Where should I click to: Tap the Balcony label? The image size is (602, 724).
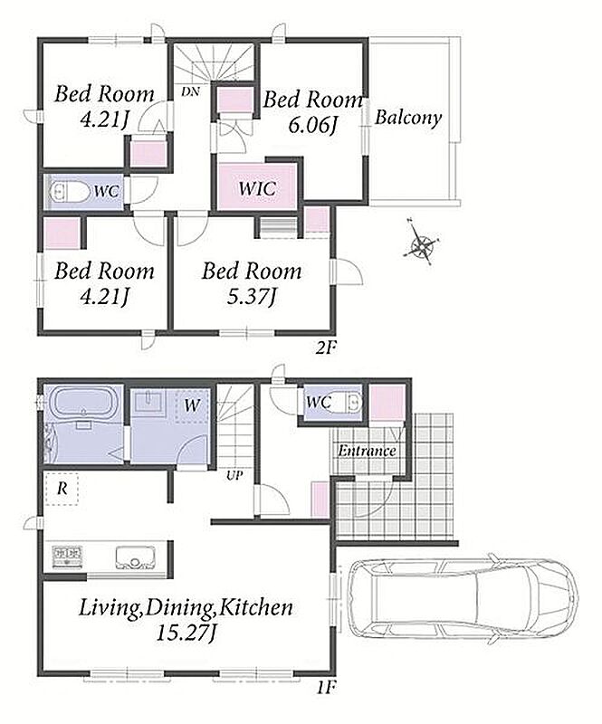(x=407, y=118)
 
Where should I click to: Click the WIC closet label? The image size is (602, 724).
(x=258, y=188)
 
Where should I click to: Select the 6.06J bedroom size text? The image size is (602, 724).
(x=312, y=125)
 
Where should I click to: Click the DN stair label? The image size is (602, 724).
(x=190, y=92)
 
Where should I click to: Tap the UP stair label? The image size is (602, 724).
(x=234, y=475)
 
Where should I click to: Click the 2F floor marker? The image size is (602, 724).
(x=325, y=348)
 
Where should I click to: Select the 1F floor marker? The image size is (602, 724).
(x=325, y=688)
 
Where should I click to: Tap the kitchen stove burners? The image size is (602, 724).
(x=68, y=556)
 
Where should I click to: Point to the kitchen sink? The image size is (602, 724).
(x=135, y=557)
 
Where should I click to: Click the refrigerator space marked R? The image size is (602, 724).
(x=62, y=489)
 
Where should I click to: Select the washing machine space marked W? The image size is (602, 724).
(x=192, y=405)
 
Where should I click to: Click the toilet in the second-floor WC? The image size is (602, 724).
(x=70, y=191)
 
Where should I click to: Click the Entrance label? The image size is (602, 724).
(x=367, y=450)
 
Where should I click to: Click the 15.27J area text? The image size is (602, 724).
(x=186, y=633)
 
